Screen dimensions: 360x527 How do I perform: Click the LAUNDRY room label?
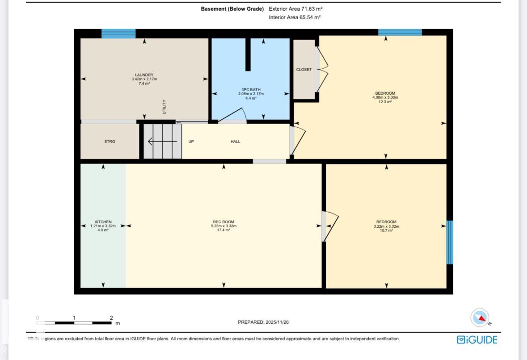(x=144, y=75)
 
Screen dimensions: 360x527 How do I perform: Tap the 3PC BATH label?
(x=251, y=90)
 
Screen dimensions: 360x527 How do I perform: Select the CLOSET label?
(x=304, y=70)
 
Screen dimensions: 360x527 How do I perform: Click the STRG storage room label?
(x=110, y=142)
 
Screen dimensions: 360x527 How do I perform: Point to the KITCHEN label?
(x=103, y=222)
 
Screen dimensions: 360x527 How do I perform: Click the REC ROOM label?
(x=223, y=222)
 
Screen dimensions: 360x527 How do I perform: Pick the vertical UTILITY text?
(x=164, y=107)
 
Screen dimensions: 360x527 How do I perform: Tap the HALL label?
(x=236, y=142)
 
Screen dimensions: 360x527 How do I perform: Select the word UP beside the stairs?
(x=191, y=142)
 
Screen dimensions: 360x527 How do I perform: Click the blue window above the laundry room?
(x=118, y=33)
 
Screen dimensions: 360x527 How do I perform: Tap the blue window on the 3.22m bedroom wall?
(x=450, y=242)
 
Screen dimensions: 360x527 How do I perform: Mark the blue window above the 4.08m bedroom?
(x=400, y=32)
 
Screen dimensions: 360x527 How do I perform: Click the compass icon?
(x=480, y=318)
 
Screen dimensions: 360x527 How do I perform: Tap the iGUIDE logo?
(x=477, y=339)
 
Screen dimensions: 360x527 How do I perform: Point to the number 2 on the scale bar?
(x=111, y=318)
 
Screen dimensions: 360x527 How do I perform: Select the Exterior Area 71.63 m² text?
(x=295, y=9)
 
